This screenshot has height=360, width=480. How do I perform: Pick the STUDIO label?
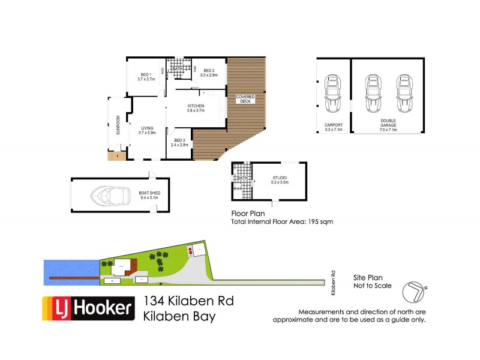280,178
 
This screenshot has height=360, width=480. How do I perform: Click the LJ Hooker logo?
88,308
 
